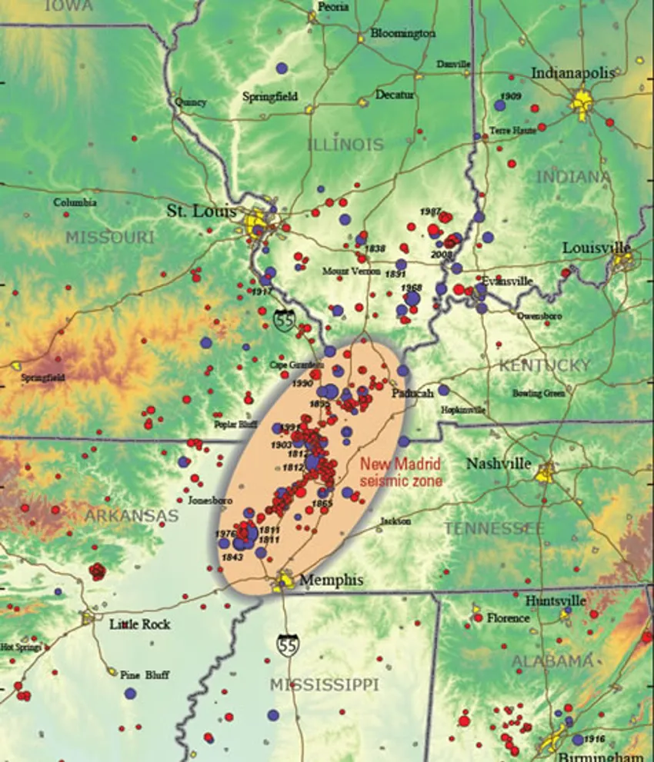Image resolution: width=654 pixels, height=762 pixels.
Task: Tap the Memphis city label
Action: pos(331,580)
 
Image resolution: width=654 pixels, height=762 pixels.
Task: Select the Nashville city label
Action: pos(499,464)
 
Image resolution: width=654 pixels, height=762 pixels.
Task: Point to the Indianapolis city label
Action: pos(573,73)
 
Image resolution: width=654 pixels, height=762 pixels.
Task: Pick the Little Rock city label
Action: pos(139,624)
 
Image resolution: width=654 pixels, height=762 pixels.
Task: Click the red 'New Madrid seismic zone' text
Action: pos(401,473)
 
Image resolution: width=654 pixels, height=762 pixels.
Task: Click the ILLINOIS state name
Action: pos(345,145)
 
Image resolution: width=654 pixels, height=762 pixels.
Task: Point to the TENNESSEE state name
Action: pos(493,528)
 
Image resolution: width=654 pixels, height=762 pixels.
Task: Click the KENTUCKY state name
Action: pos(544,366)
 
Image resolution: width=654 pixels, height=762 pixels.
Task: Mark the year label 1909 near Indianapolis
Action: pos(510,96)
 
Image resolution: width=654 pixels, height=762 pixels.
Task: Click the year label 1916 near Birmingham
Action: pos(594,739)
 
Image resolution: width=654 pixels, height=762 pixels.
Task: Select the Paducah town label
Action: pos(412,393)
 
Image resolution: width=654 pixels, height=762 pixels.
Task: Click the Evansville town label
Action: pos(507,281)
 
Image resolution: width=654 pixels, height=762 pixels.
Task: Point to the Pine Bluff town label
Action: pos(145,675)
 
